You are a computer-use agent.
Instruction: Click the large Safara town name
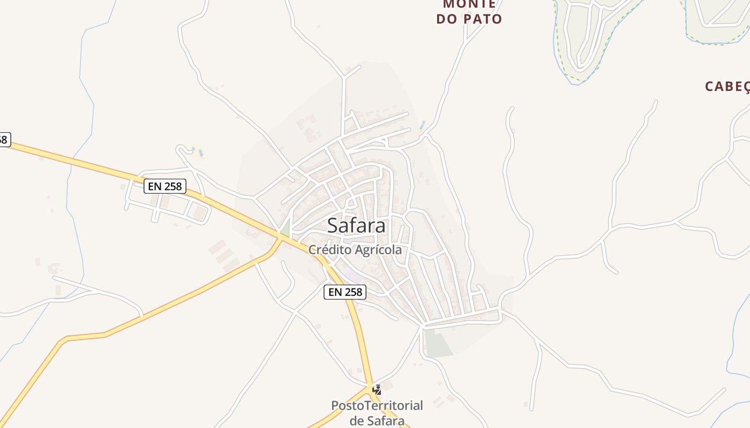(356, 225)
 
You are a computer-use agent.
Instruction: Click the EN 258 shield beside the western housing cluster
(165, 186)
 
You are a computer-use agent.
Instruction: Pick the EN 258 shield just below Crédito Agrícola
(345, 292)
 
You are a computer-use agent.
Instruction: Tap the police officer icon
(377, 389)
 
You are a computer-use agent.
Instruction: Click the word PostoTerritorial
(377, 406)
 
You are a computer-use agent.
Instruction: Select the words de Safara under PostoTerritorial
(377, 421)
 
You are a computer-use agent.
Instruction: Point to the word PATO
(485, 19)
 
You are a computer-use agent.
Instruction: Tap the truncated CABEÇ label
(727, 87)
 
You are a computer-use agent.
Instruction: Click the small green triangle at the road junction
(286, 228)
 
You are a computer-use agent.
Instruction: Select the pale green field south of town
(438, 343)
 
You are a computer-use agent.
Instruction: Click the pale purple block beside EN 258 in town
(352, 276)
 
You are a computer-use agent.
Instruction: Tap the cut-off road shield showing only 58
(4, 140)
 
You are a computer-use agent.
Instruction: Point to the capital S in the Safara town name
(333, 225)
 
